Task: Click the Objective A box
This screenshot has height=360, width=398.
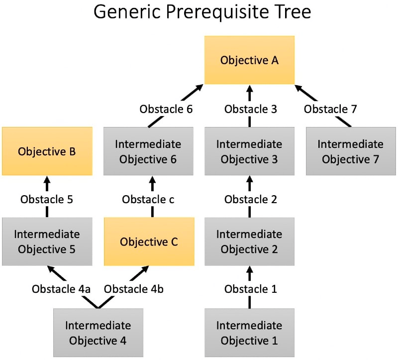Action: point(249,60)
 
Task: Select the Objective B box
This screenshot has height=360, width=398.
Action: point(47,151)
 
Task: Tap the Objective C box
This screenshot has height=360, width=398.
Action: point(149,242)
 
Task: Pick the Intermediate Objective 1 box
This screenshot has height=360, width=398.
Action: point(249,333)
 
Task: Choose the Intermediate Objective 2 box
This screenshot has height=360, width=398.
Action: point(249,241)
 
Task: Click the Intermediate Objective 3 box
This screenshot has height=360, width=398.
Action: point(249,151)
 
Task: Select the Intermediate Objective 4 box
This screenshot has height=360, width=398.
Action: point(98,333)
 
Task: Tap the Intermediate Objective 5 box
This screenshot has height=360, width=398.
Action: point(47,241)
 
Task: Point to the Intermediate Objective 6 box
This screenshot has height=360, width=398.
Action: point(148,151)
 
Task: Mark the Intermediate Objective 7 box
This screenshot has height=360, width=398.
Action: point(351,151)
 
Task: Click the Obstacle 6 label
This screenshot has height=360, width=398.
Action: point(166,109)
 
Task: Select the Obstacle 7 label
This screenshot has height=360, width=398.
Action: point(330,109)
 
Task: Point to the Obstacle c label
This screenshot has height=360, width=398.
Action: point(148,199)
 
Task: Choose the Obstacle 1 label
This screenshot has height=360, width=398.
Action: point(251,289)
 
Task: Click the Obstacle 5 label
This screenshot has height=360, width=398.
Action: point(47,199)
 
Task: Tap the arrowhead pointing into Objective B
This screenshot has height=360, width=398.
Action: point(47,180)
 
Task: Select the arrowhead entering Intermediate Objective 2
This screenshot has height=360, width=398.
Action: point(250,270)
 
